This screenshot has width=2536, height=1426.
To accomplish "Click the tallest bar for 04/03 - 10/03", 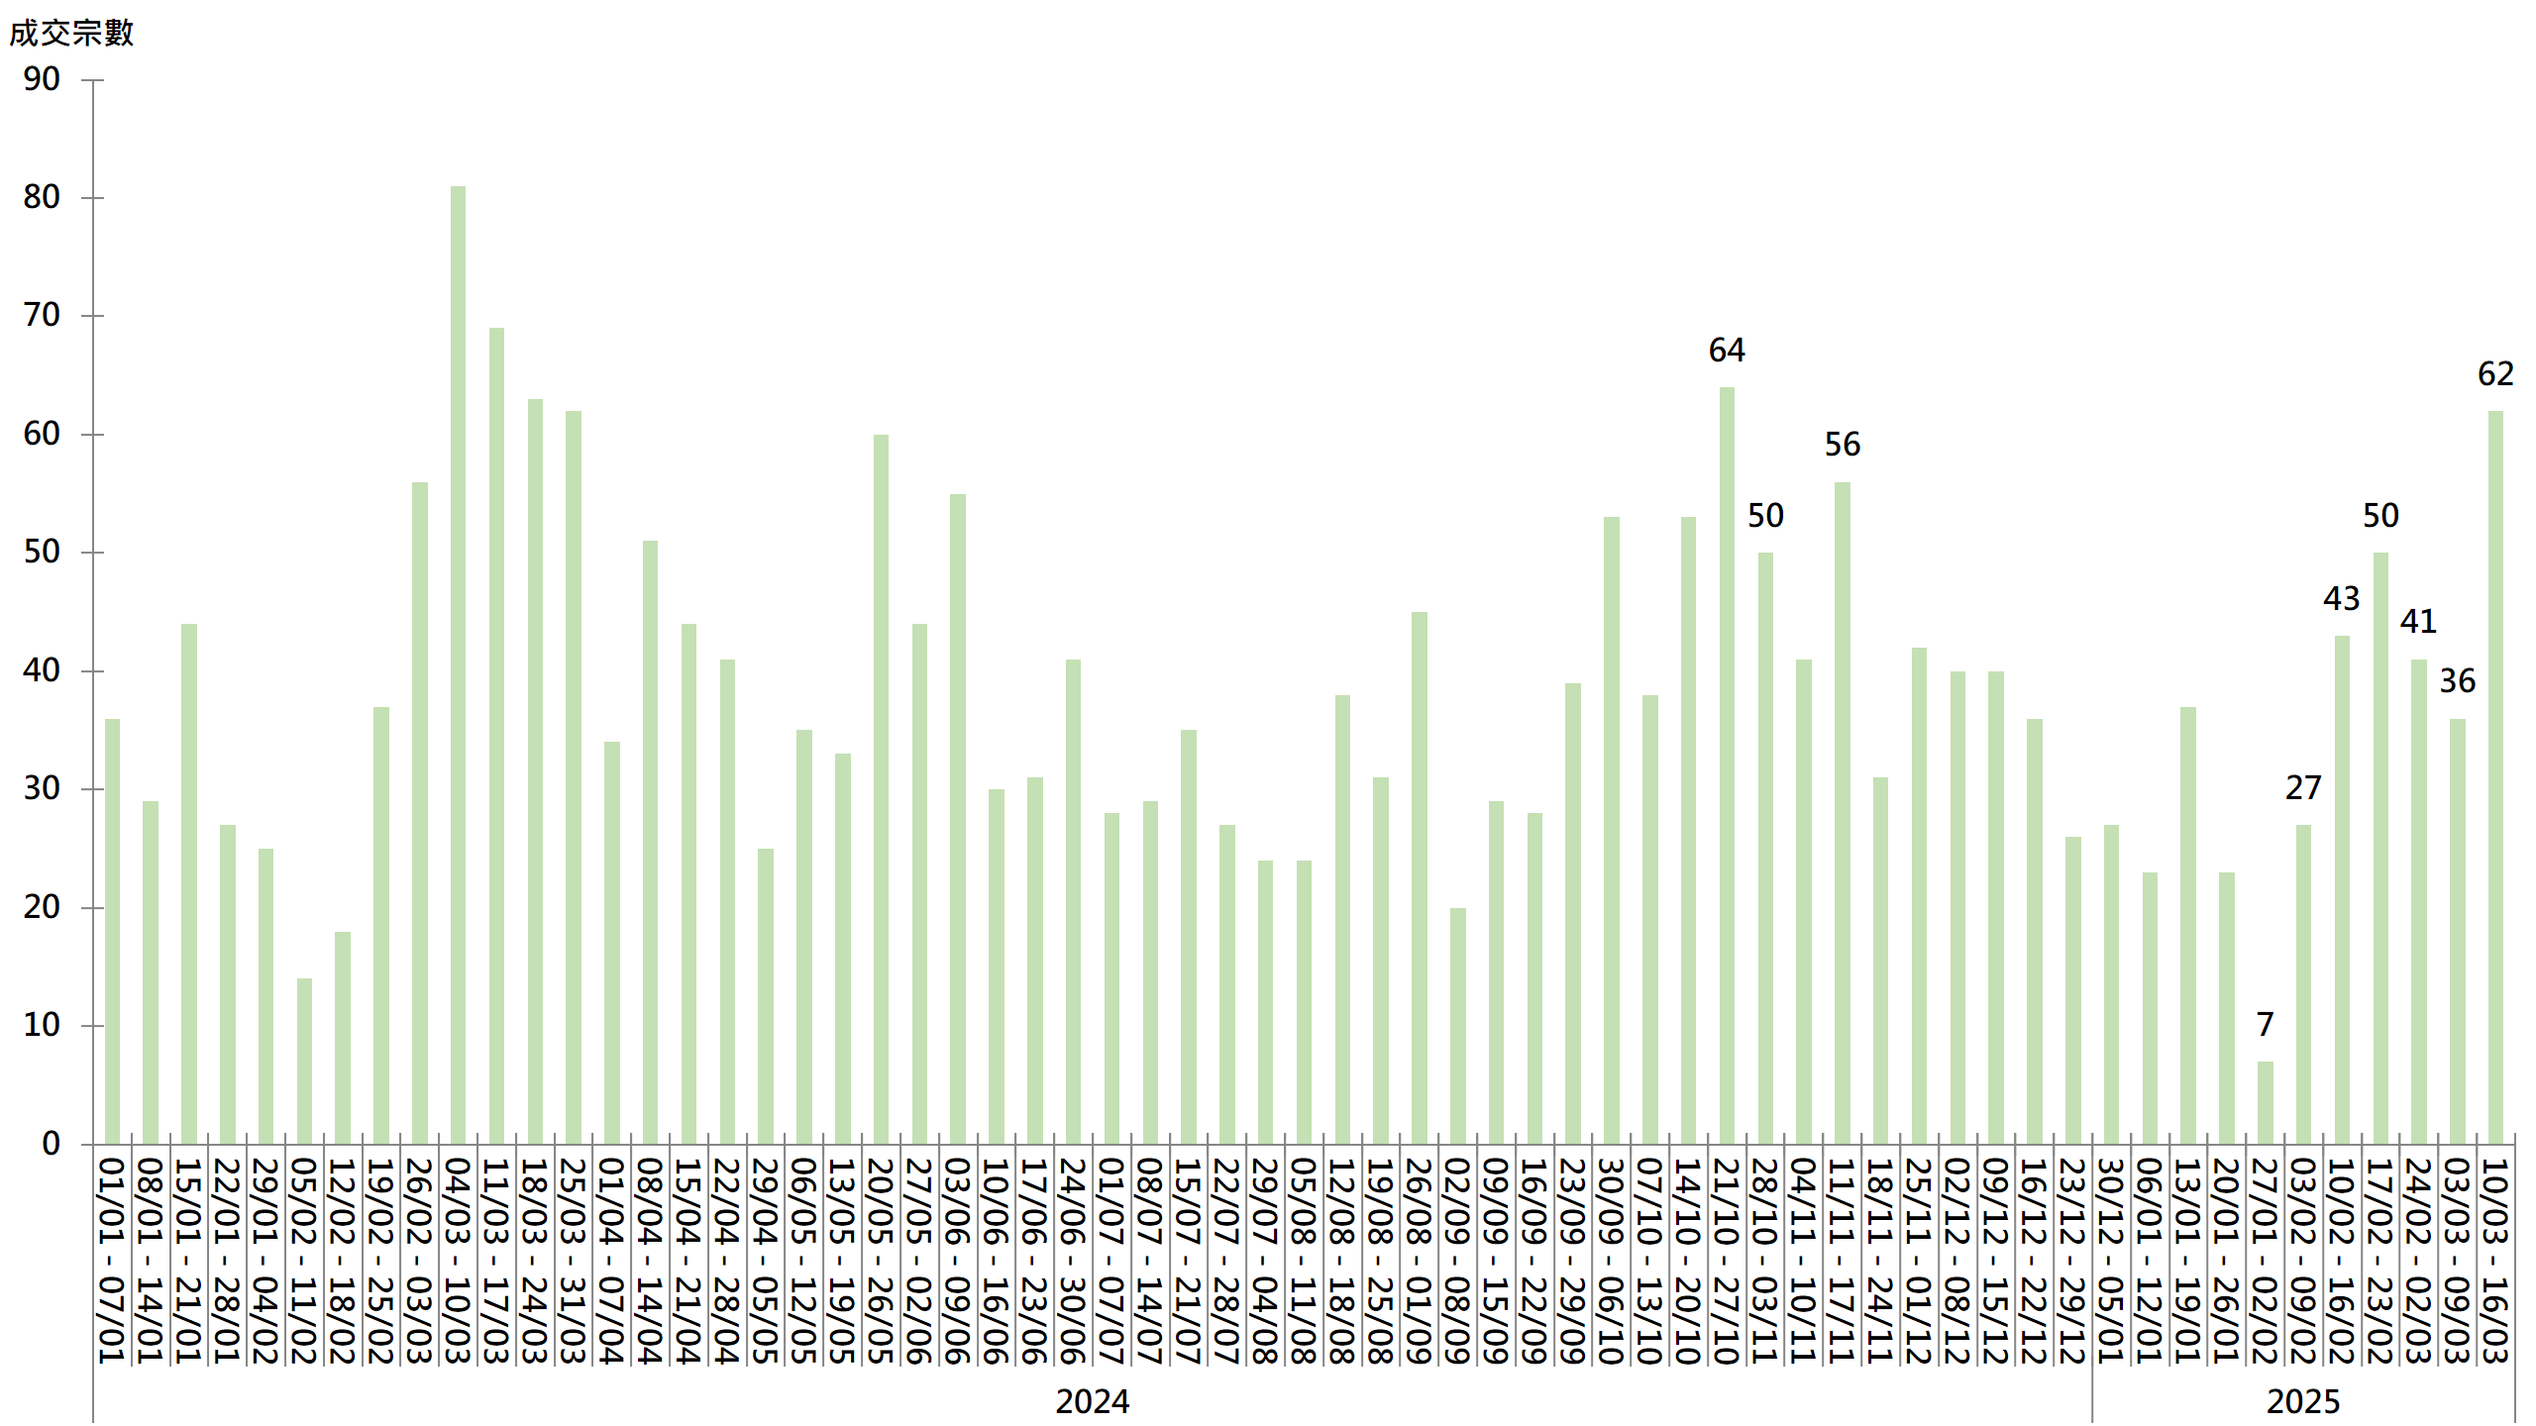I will click(458, 663).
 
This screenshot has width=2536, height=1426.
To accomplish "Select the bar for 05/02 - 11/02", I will click(304, 1061).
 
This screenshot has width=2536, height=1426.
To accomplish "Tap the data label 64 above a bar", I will click(1727, 351).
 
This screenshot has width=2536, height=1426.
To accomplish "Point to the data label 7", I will click(2265, 1024).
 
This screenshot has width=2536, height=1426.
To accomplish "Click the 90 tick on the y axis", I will click(42, 79).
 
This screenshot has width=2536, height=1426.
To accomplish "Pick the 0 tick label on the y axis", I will click(51, 1144).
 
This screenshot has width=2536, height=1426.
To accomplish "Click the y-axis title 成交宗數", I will click(71, 34).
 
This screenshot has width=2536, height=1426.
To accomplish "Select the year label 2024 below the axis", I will click(1092, 1401).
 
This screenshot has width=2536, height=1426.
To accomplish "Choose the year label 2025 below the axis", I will click(2303, 1401).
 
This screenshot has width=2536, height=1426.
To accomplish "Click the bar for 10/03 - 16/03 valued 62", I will click(2495, 777).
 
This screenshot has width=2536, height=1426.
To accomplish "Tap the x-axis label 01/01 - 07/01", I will click(112, 1261).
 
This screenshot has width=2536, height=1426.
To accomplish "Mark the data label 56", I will click(1843, 445).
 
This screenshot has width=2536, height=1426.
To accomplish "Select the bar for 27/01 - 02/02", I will click(2265, 1102).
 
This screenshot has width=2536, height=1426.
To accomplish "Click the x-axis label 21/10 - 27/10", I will click(1727, 1261).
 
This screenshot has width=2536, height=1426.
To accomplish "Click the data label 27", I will click(2303, 788).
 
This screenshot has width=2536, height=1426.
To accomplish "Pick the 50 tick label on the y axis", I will click(42, 552).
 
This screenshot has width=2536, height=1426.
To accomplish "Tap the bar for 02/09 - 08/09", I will click(1457, 1026).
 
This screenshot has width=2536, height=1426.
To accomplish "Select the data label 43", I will click(2342, 599).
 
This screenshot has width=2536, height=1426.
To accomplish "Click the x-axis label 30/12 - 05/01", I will click(2111, 1261).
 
